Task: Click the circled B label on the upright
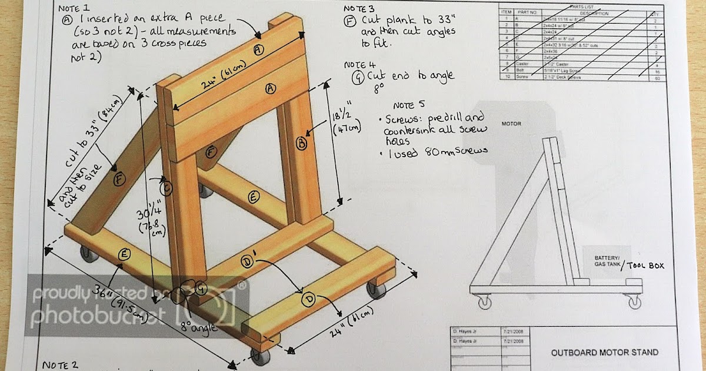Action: (301, 143)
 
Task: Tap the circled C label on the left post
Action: (166, 188)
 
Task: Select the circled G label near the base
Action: (201, 289)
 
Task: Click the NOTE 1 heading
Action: (74, 9)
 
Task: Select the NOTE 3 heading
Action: (358, 9)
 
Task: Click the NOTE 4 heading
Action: (359, 64)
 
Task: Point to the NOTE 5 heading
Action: (408, 105)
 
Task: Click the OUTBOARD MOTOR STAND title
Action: (604, 353)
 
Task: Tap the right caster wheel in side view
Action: (634, 302)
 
